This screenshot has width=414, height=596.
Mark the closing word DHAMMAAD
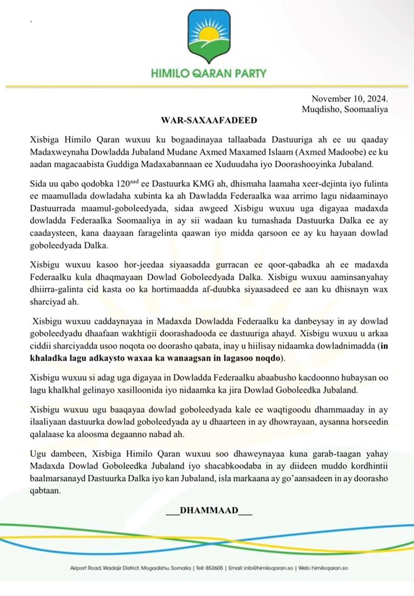click(x=209, y=511)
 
